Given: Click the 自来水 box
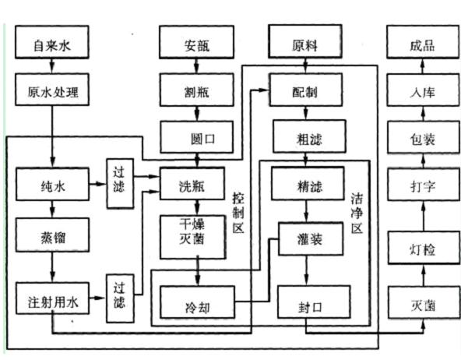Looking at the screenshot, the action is point(52,42).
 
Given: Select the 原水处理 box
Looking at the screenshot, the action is point(52,90).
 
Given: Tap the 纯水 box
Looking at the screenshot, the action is point(53,184).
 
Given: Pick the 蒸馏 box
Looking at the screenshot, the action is point(53,235).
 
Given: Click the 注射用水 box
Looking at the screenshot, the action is point(53,298).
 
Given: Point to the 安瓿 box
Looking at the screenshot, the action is point(197,42).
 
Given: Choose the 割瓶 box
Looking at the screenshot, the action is point(197,90).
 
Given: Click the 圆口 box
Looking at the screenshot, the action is point(197,137).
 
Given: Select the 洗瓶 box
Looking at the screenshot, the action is point(192,184).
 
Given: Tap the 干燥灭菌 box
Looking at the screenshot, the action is point(193,237).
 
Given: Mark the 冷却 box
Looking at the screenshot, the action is point(198,302).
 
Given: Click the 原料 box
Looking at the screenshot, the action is point(305,41).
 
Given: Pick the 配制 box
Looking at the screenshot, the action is point(306,90).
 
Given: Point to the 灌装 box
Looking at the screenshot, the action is point(311,238).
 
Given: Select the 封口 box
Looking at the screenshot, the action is point(314,302).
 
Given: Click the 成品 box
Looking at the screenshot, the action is point(423,42).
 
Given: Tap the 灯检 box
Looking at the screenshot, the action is point(424,248).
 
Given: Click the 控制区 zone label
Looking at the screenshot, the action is point(238,213).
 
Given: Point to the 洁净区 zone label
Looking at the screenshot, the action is point(357,214).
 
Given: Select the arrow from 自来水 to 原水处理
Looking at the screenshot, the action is point(52,66).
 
